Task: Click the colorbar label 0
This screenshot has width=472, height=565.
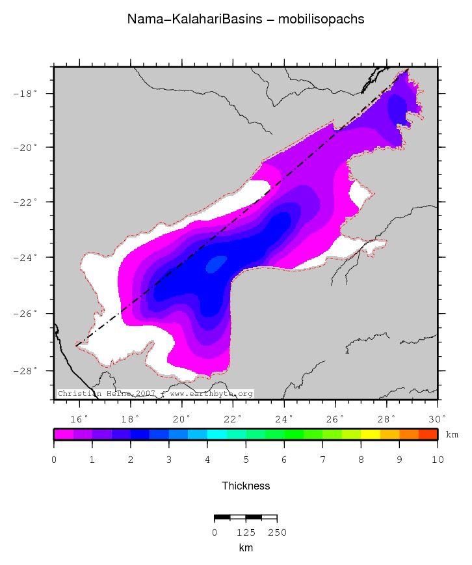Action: click(x=54, y=460)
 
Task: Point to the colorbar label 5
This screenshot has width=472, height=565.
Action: click(x=246, y=460)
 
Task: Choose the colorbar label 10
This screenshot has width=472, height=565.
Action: click(x=438, y=460)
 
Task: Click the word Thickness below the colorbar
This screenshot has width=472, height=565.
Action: click(x=246, y=486)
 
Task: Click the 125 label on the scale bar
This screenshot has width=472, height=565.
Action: click(x=246, y=532)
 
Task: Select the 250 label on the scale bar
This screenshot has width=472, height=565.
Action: click(x=277, y=532)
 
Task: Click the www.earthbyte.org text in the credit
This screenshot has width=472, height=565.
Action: click(x=211, y=394)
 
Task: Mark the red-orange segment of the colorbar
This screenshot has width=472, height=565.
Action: click(x=428, y=434)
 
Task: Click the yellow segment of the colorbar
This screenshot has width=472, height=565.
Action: click(x=370, y=434)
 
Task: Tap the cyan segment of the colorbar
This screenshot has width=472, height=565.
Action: click(x=216, y=434)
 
